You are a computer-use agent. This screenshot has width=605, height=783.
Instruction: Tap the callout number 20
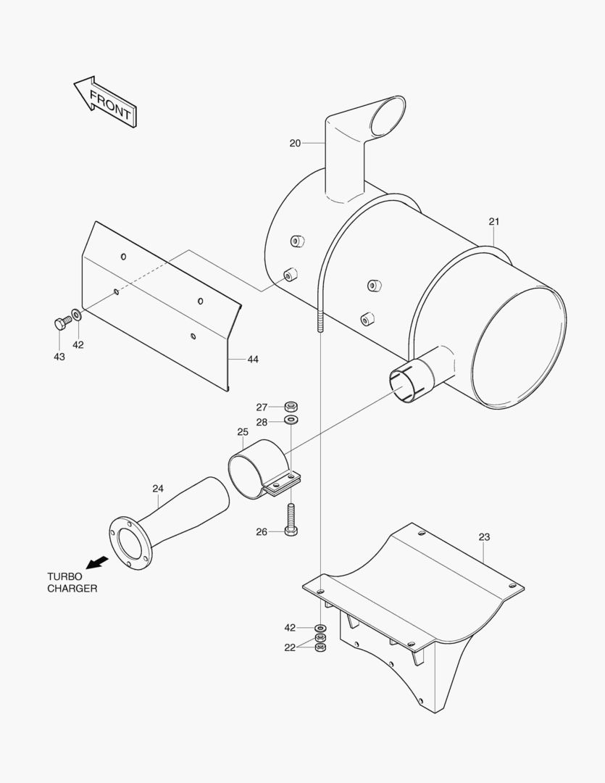295,144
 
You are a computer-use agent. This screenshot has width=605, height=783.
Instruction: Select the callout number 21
494,221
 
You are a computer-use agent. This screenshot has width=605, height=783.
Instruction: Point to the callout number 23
484,537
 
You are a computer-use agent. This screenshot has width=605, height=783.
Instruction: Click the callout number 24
158,488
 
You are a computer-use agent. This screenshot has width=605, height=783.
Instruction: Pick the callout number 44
253,360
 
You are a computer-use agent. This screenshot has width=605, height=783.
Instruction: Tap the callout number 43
59,357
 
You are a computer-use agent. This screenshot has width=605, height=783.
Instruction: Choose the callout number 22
290,648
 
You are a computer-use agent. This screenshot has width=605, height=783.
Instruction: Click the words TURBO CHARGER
72,582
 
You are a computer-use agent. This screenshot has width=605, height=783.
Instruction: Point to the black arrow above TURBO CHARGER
96,562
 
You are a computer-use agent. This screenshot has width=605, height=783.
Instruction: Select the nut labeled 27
291,406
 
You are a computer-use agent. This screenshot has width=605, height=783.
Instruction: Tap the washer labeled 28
291,420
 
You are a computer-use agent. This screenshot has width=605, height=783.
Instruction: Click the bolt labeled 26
291,520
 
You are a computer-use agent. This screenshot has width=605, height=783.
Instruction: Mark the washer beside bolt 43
76,316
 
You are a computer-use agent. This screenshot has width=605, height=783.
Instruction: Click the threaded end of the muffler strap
319,319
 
